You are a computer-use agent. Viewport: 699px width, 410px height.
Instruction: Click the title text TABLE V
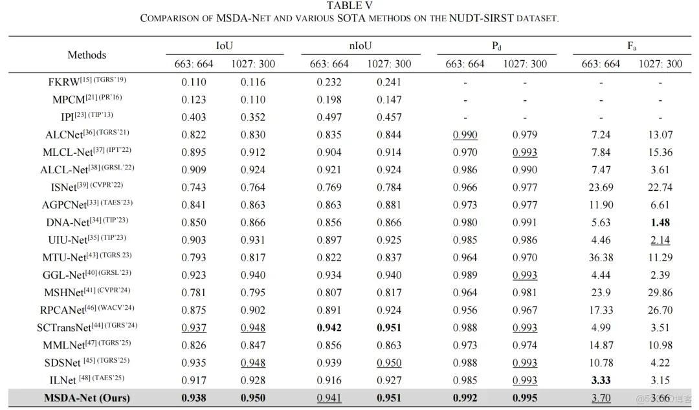click(x=349, y=6)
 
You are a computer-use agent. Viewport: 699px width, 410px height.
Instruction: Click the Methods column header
click(x=87, y=55)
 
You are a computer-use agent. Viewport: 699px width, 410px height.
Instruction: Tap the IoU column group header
click(x=225, y=46)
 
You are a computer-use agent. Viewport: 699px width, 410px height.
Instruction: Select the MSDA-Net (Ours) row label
click(x=87, y=398)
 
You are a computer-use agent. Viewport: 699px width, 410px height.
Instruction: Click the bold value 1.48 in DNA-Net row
click(x=660, y=222)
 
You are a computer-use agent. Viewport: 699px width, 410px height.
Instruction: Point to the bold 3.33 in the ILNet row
click(x=601, y=380)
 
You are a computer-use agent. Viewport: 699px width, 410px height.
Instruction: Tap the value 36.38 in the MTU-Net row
click(x=601, y=257)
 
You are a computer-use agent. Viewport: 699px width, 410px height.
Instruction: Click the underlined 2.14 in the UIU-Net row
click(x=660, y=240)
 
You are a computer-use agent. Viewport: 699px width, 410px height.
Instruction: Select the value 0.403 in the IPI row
click(x=194, y=117)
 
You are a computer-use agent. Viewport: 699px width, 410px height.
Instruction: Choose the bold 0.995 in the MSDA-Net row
click(x=525, y=398)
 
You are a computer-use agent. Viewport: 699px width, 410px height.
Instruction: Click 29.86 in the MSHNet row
click(x=660, y=292)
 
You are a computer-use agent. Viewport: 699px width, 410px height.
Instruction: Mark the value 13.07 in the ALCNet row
click(x=660, y=135)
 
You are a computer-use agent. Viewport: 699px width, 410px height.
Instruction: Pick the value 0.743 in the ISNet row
click(x=194, y=188)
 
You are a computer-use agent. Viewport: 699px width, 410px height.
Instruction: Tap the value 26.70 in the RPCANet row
click(x=660, y=310)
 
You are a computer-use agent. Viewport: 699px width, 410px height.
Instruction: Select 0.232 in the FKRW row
click(x=329, y=82)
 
